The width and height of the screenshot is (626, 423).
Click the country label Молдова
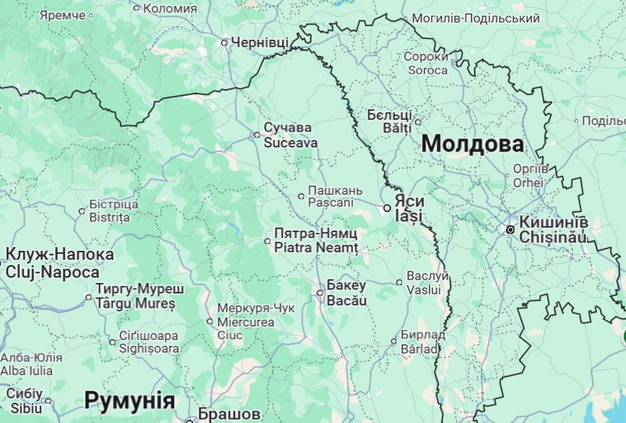coord(473,144)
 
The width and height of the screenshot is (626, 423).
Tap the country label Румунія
coord(130,400)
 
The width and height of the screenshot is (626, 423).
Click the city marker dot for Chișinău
coord(511,230)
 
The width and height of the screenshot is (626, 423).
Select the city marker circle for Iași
coord(387,208)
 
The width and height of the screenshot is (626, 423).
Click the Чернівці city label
coord(260,43)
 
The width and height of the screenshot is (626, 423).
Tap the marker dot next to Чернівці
coord(225,43)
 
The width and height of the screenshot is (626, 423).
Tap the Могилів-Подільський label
coord(476,19)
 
